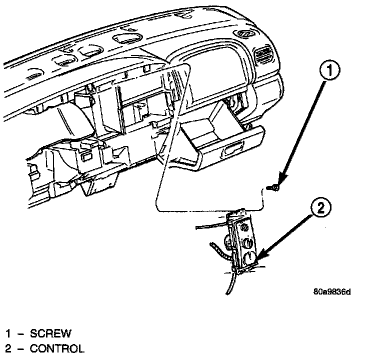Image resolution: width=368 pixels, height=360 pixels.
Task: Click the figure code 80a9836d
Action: (x=332, y=292)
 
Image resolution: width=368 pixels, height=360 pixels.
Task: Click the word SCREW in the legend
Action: (x=50, y=333)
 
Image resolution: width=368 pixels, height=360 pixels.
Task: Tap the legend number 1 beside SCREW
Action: (x=8, y=333)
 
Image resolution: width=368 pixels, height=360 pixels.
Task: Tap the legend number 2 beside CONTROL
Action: (x=8, y=348)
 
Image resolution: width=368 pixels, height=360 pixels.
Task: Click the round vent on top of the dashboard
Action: (x=245, y=34)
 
